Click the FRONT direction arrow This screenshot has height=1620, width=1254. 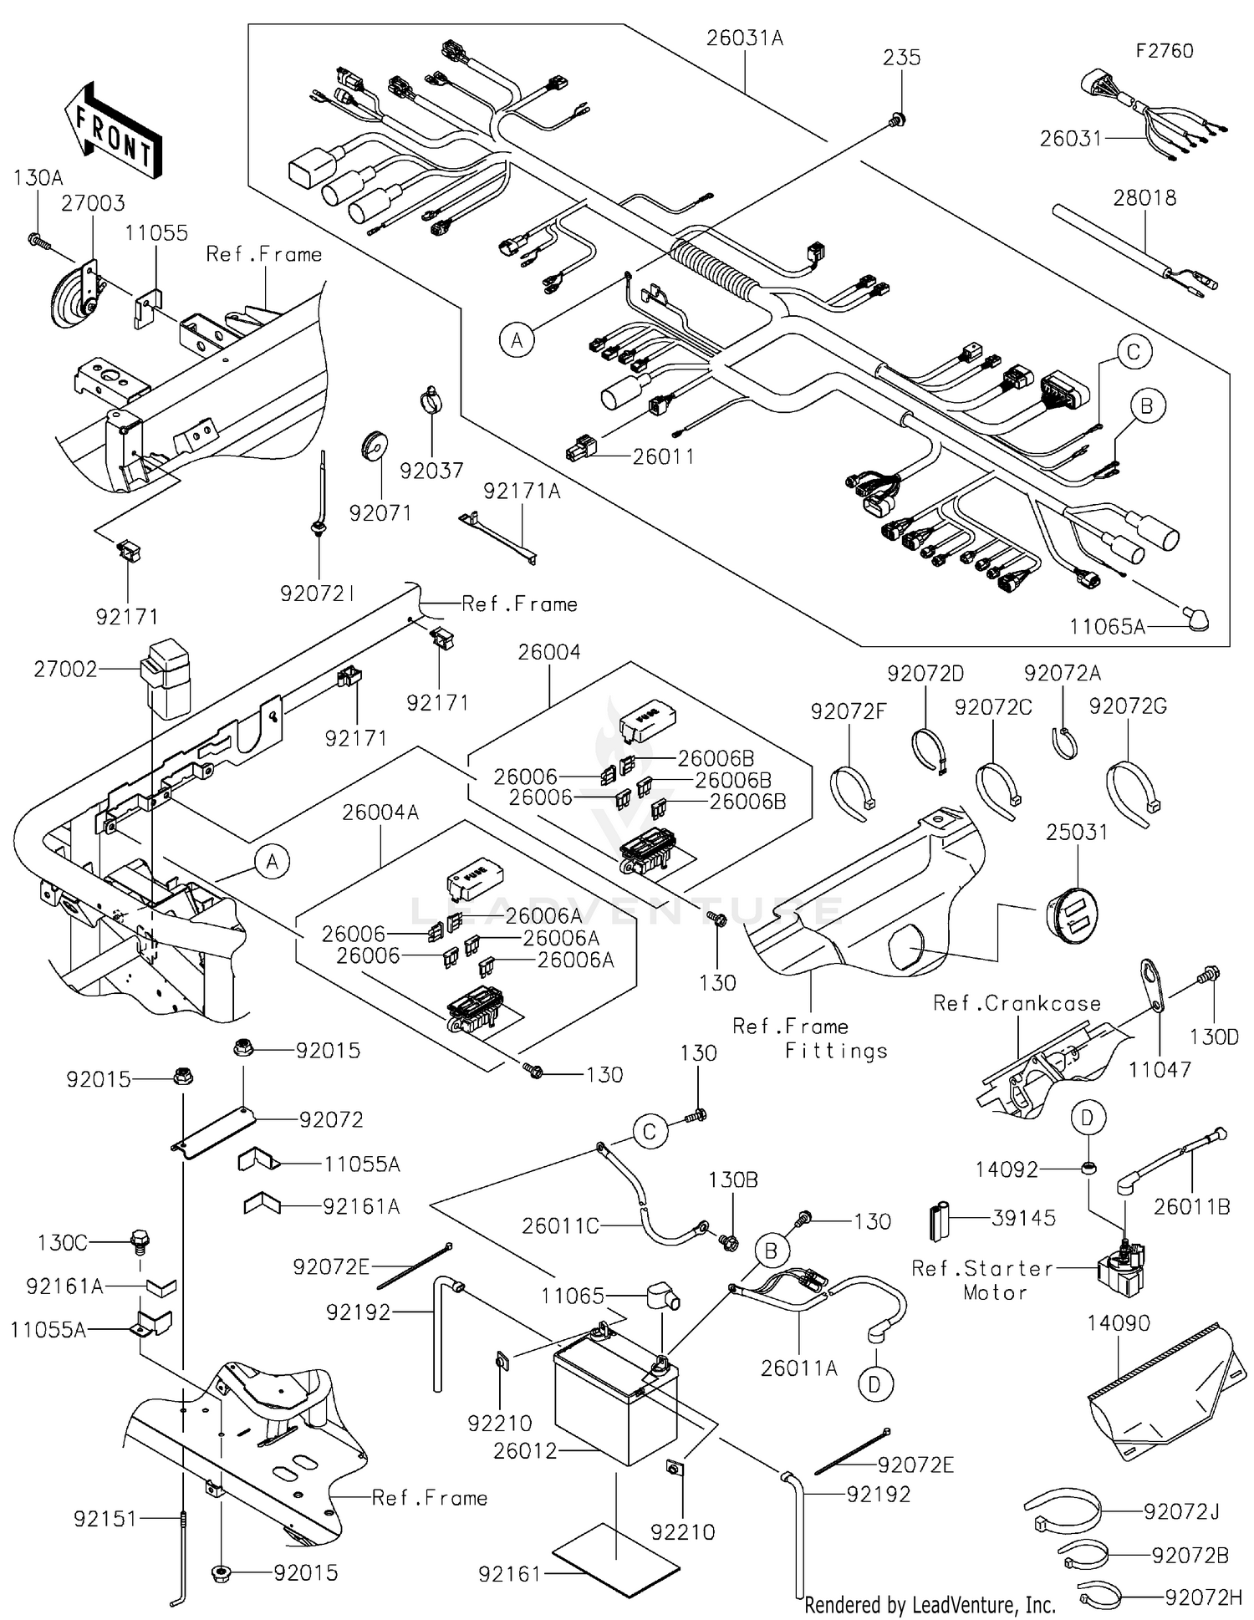[x=113, y=130]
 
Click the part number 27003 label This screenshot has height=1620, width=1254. [x=93, y=203]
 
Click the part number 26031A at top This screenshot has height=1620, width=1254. [x=744, y=38]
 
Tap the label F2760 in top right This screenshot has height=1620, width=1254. [x=1164, y=51]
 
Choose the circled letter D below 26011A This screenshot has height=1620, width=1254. [x=874, y=1385]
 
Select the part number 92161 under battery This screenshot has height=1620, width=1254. [x=509, y=1574]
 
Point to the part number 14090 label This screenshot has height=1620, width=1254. [x=1118, y=1323]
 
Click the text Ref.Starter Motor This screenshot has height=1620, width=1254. [x=982, y=1280]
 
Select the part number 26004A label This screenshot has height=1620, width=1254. [x=380, y=812]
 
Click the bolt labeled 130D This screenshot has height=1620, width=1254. [x=1209, y=974]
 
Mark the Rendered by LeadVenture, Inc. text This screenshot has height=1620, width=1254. [x=929, y=1604]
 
